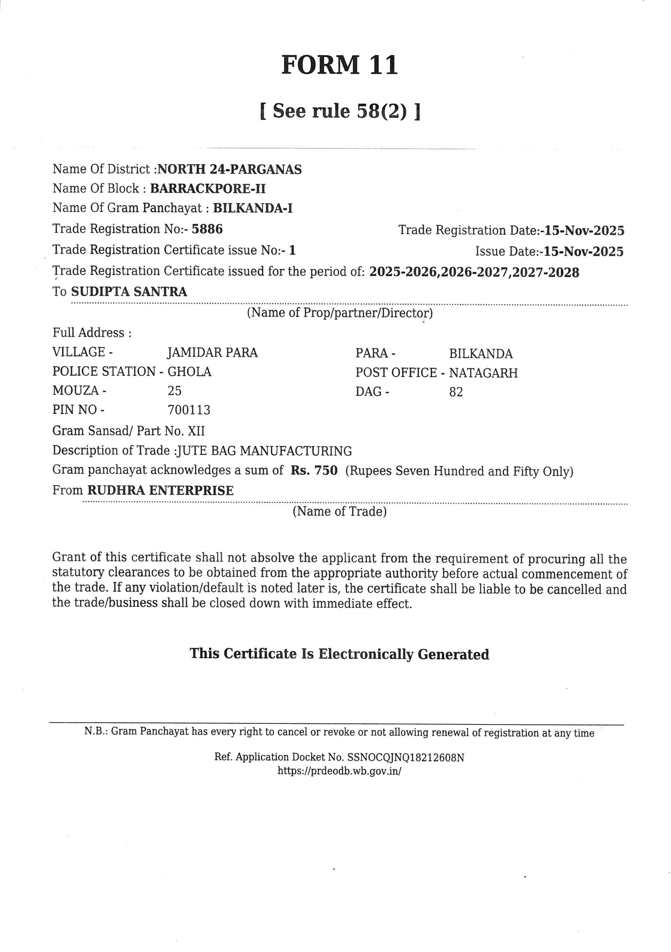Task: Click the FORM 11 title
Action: [x=339, y=65]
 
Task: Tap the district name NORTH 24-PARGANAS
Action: [x=230, y=169]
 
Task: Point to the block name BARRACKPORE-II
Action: [x=208, y=189]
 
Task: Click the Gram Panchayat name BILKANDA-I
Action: [x=253, y=208]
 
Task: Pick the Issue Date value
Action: [x=584, y=252]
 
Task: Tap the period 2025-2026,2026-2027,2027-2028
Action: [x=474, y=273]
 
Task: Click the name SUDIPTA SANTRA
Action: [x=129, y=292]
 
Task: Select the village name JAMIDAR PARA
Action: [x=212, y=353]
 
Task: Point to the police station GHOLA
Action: [x=190, y=372]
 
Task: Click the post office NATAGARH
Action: [x=483, y=373]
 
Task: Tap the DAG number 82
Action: [x=456, y=392]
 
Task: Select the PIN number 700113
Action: [x=188, y=410]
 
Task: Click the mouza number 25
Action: [x=174, y=390]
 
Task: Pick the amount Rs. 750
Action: [x=314, y=471]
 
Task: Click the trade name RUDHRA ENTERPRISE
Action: [x=160, y=491]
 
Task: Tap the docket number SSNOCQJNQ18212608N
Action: [x=406, y=758]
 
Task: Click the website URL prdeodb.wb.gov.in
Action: [x=339, y=771]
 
